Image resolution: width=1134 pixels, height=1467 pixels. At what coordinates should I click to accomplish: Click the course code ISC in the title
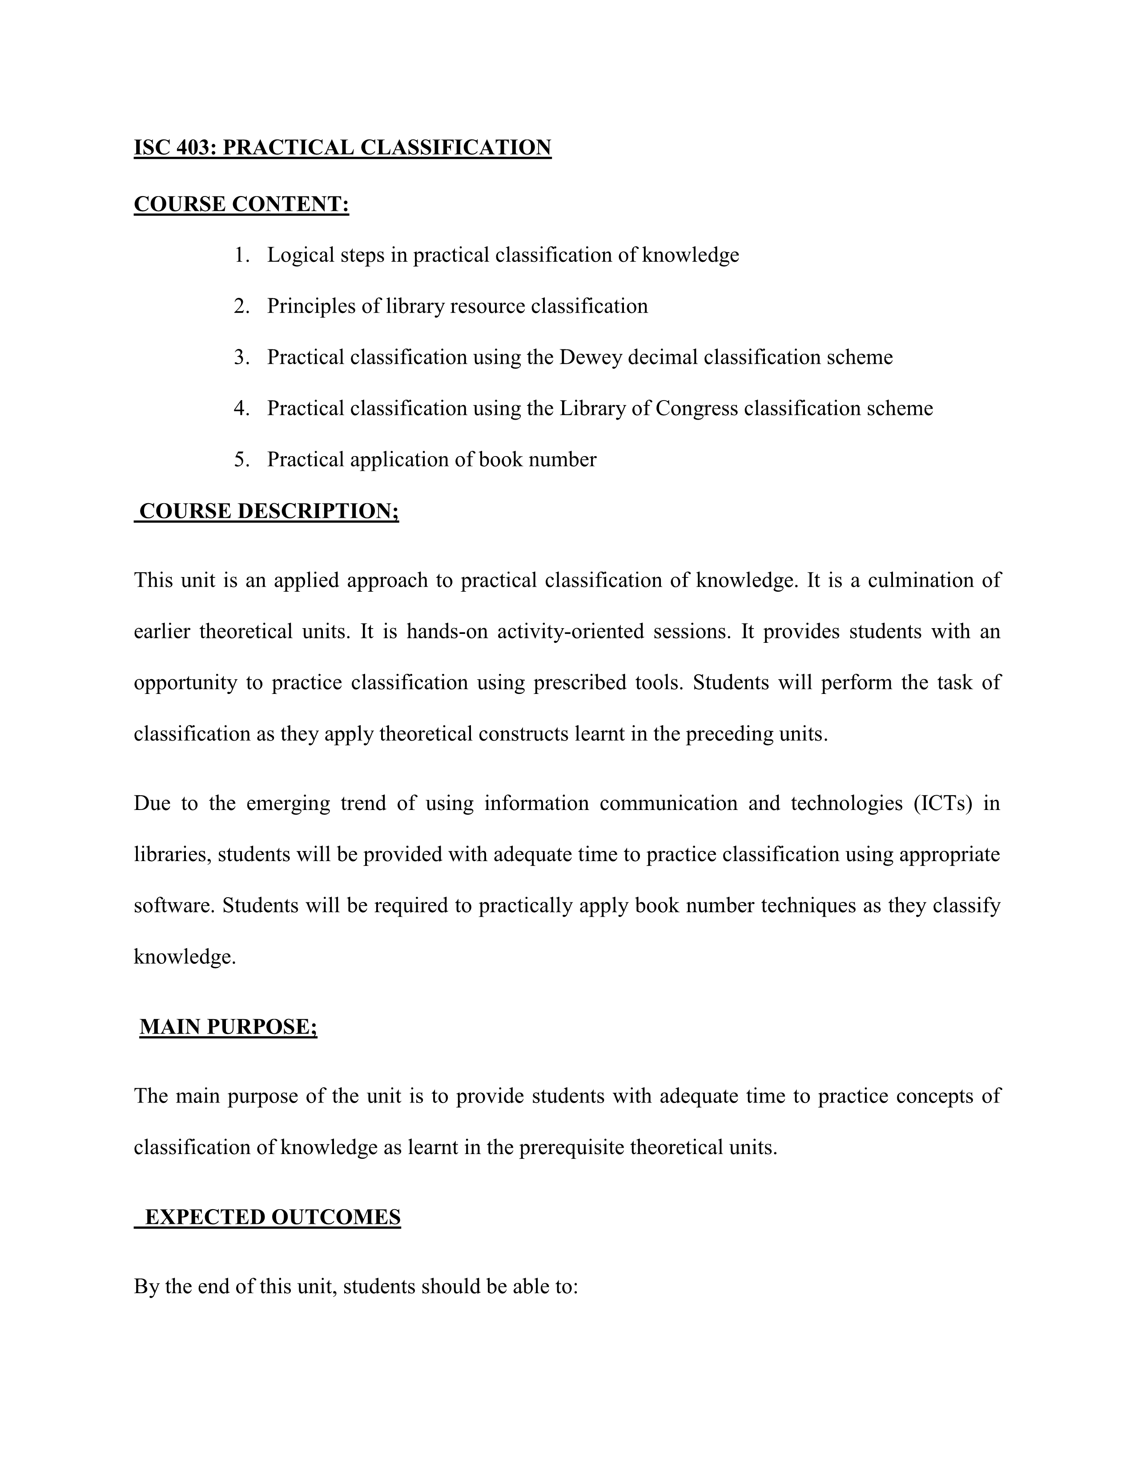coord(153,147)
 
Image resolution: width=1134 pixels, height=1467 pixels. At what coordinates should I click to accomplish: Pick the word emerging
coord(288,803)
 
